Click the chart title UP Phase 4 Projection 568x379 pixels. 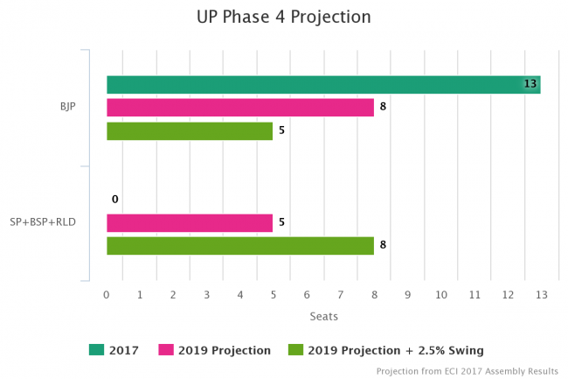[283, 17]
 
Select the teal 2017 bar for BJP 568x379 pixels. [322, 84]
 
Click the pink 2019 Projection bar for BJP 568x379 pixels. [239, 108]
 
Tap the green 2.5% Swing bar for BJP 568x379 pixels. [190, 131]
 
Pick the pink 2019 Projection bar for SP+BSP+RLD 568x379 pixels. [190, 223]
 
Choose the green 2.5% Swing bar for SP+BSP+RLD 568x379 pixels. [239, 246]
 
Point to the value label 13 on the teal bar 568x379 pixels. [530, 84]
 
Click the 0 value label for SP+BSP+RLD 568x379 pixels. [114, 200]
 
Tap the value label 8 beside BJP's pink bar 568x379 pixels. [383, 108]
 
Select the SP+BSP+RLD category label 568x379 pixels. [43, 222]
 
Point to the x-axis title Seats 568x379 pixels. [323, 316]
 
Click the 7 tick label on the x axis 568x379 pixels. [341, 296]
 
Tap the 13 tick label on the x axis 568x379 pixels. [541, 296]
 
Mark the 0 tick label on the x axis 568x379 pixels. [107, 296]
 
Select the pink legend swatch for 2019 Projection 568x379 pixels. [165, 350]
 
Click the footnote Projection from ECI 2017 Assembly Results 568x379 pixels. [467, 371]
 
